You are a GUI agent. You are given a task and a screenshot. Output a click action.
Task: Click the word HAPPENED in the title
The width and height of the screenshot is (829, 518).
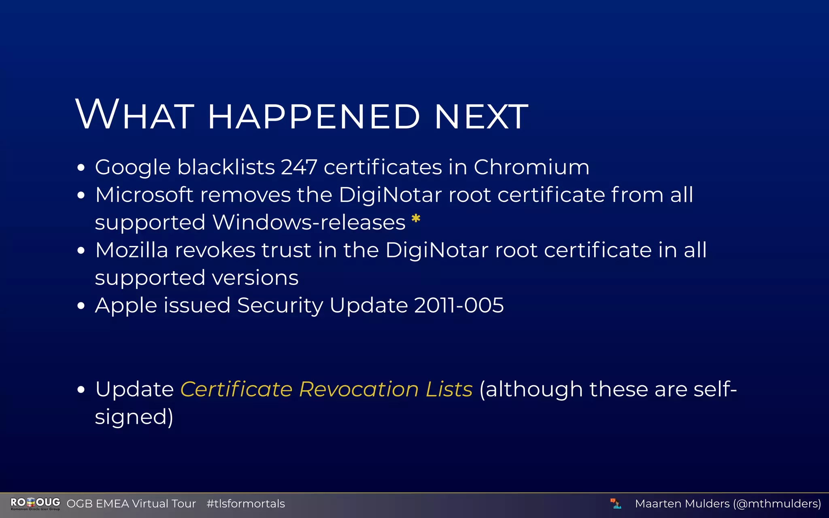[314, 117]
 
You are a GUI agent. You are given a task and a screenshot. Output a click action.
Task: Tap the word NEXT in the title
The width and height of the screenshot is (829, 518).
[481, 117]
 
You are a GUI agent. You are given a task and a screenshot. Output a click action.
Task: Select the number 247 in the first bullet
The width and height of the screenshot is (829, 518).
[299, 167]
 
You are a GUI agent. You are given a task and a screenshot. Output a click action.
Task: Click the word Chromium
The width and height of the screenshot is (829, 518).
[531, 167]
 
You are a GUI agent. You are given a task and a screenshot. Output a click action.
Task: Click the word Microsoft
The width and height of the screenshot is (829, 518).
[144, 195]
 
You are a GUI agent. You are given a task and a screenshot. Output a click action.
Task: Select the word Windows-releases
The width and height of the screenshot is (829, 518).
[308, 222]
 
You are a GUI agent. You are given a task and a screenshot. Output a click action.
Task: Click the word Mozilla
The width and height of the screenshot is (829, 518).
[132, 250]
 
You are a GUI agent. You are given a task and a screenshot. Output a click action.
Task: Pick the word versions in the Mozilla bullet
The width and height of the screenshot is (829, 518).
[255, 278]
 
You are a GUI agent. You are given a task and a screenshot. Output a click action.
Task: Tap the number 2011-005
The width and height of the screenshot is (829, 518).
[459, 305]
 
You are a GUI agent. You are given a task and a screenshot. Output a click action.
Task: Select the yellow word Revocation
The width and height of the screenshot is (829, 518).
[359, 389]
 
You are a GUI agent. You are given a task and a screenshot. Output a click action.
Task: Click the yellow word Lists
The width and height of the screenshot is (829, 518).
[449, 389]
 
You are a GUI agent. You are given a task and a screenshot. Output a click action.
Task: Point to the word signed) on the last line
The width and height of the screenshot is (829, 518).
[134, 417]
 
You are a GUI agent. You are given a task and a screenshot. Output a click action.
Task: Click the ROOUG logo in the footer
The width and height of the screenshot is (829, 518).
[35, 503]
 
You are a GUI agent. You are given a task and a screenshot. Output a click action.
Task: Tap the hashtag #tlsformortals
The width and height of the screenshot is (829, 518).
[246, 504]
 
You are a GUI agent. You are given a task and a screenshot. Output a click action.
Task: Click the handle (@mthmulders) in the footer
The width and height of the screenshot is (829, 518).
[777, 504]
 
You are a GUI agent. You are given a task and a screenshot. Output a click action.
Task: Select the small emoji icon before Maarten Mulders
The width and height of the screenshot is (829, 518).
[616, 503]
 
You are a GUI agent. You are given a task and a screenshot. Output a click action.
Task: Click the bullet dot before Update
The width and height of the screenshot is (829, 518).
[81, 390]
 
